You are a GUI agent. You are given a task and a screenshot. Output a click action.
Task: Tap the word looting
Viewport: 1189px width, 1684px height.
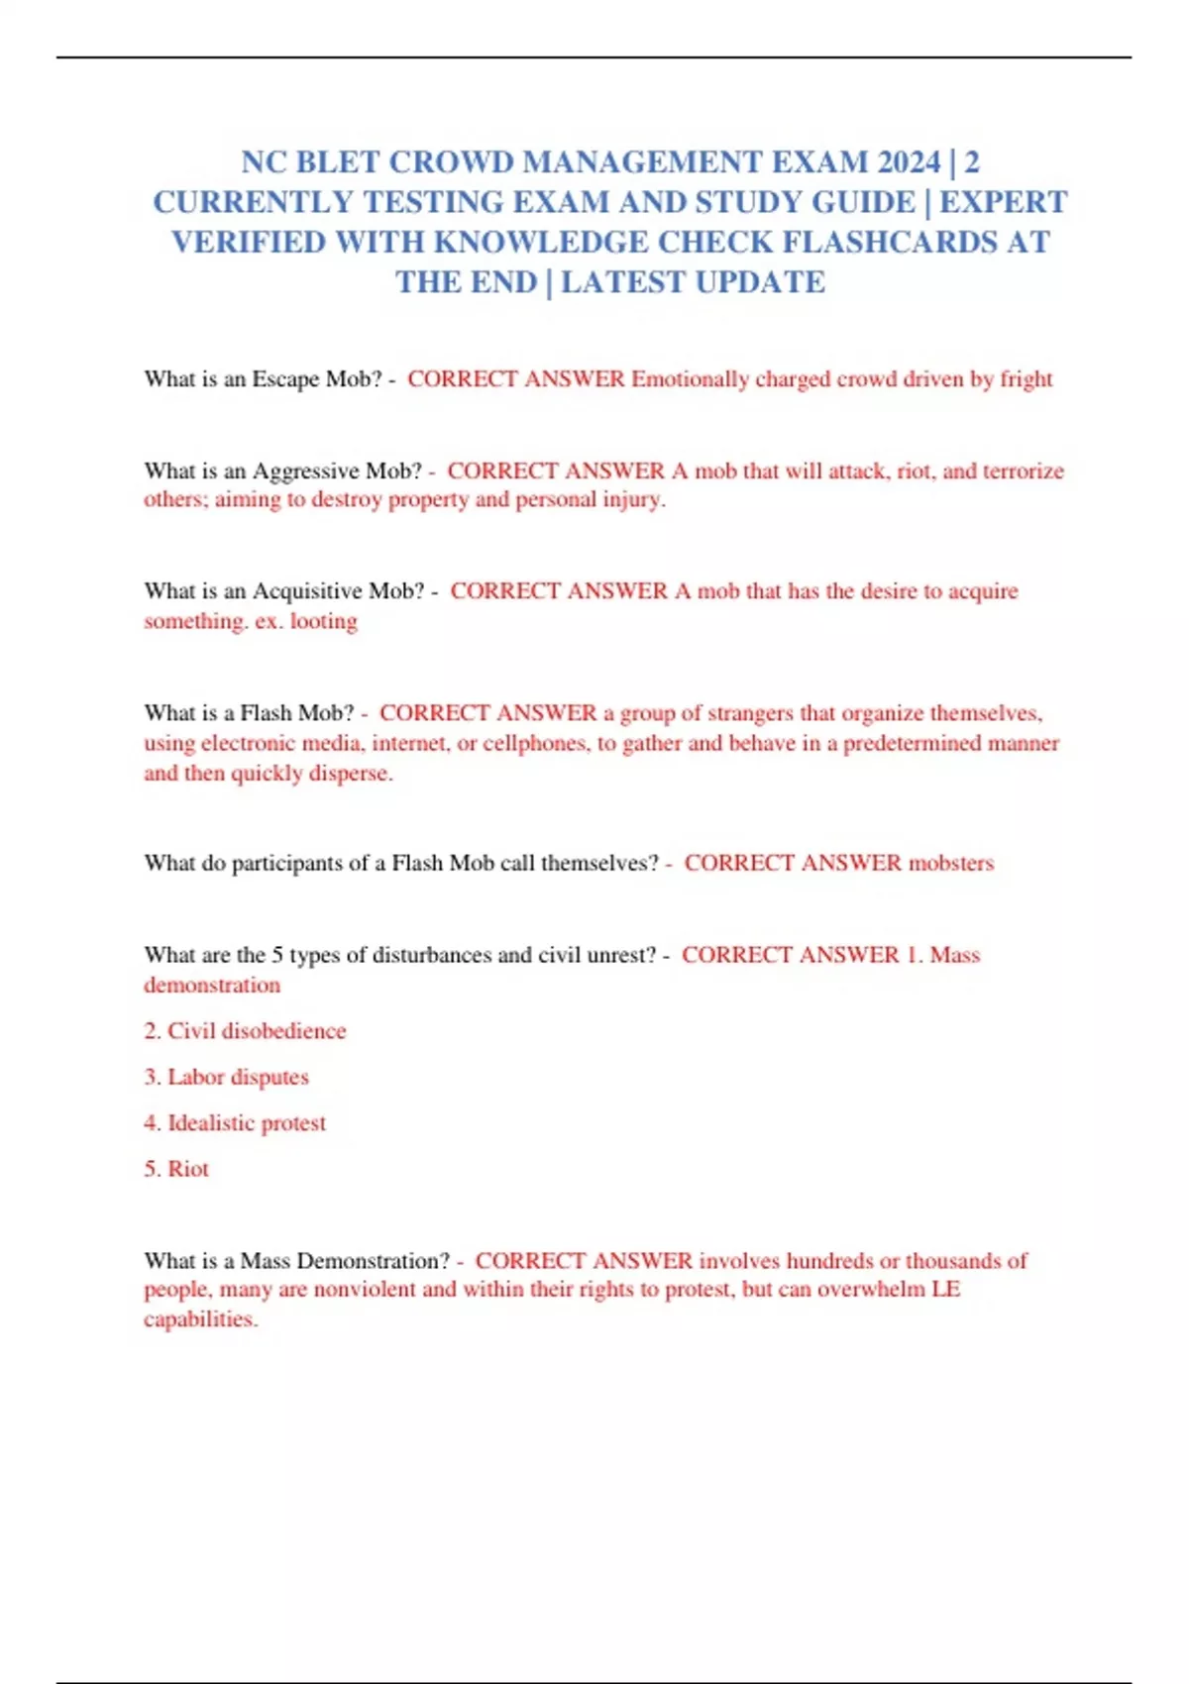click(323, 621)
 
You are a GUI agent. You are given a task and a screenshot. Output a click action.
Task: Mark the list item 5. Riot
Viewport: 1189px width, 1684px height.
click(176, 1169)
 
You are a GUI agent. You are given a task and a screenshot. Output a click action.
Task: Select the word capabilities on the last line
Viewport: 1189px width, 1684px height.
click(200, 1319)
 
